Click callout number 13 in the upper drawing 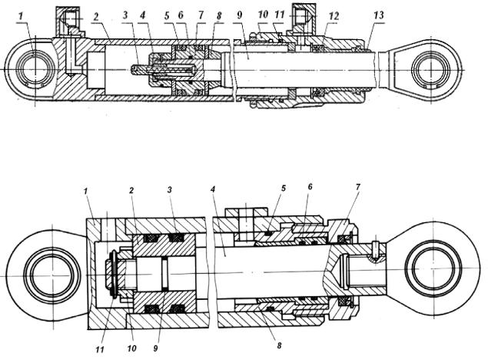(x=379, y=15)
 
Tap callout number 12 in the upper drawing (x=334, y=16)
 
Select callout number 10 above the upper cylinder (x=263, y=15)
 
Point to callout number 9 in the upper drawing (x=239, y=15)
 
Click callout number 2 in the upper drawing (x=96, y=16)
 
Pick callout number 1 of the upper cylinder (x=21, y=16)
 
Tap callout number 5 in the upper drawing (x=167, y=15)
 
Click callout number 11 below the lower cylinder (x=100, y=349)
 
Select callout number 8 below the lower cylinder (x=279, y=345)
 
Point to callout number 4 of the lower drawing (x=213, y=189)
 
